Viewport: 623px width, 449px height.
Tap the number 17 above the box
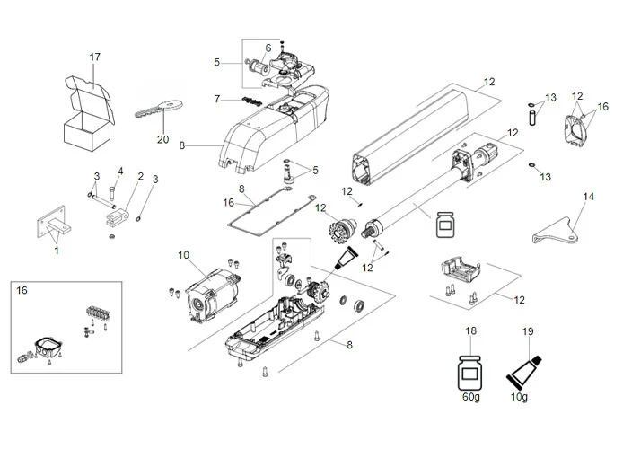(94, 58)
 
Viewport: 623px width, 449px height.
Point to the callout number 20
(162, 139)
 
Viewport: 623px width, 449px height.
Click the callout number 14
(589, 195)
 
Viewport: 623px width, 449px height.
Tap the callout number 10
(183, 256)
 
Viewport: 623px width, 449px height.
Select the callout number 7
(216, 98)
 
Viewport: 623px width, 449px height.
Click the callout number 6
(267, 48)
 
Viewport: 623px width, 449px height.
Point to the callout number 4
(119, 172)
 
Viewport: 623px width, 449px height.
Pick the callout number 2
(140, 176)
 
